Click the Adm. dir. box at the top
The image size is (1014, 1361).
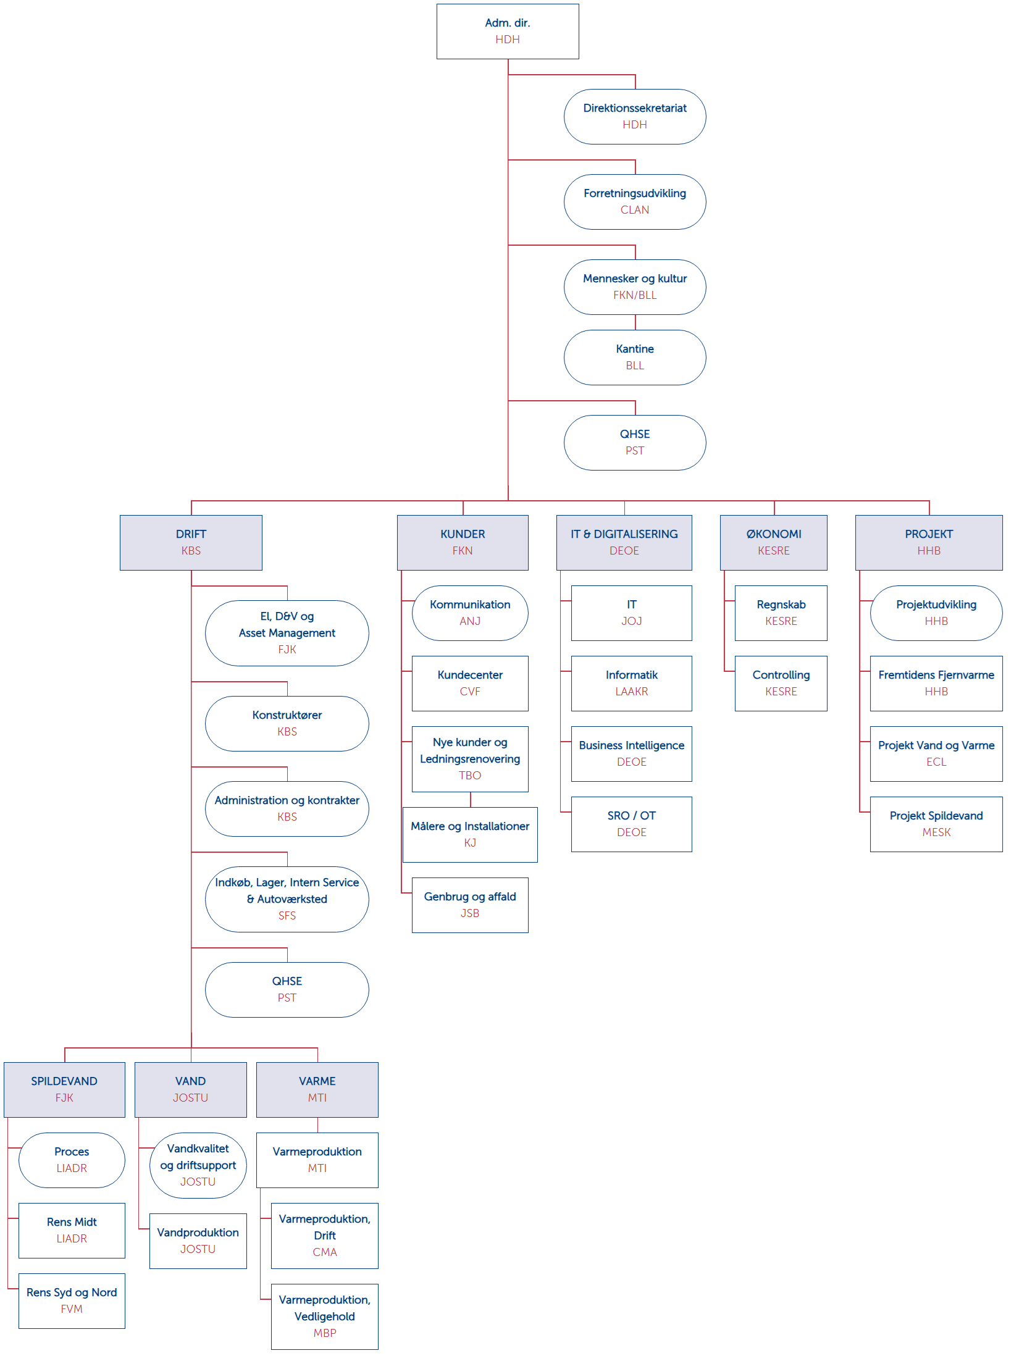coord(507,31)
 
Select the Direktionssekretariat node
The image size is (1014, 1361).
coord(634,117)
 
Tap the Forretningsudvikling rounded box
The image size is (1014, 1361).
coord(634,202)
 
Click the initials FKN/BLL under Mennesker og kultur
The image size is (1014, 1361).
coord(634,295)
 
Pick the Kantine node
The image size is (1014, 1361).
coord(634,358)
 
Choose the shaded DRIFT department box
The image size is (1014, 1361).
coord(191,542)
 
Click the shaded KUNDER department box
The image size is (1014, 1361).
coord(463,542)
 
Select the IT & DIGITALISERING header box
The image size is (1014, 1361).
coord(624,542)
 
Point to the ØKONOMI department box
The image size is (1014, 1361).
coord(773,542)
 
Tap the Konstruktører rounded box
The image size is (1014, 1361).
coord(287,723)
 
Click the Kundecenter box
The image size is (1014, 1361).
coord(470,683)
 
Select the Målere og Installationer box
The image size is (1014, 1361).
coord(470,834)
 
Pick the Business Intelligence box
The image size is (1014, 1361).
coord(631,753)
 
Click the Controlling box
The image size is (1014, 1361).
coord(781,683)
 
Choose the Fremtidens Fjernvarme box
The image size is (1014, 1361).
coord(936,683)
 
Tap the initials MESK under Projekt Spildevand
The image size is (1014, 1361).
coord(936,832)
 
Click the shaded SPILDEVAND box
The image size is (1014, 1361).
coord(64,1089)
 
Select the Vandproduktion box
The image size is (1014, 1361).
coord(198,1241)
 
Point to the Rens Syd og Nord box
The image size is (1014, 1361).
coord(72,1300)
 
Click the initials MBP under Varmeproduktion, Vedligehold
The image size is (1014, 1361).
coord(325,1333)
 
